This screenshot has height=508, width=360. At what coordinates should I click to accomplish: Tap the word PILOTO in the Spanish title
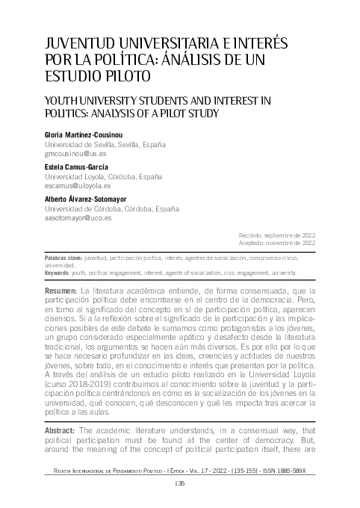(x=122, y=75)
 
